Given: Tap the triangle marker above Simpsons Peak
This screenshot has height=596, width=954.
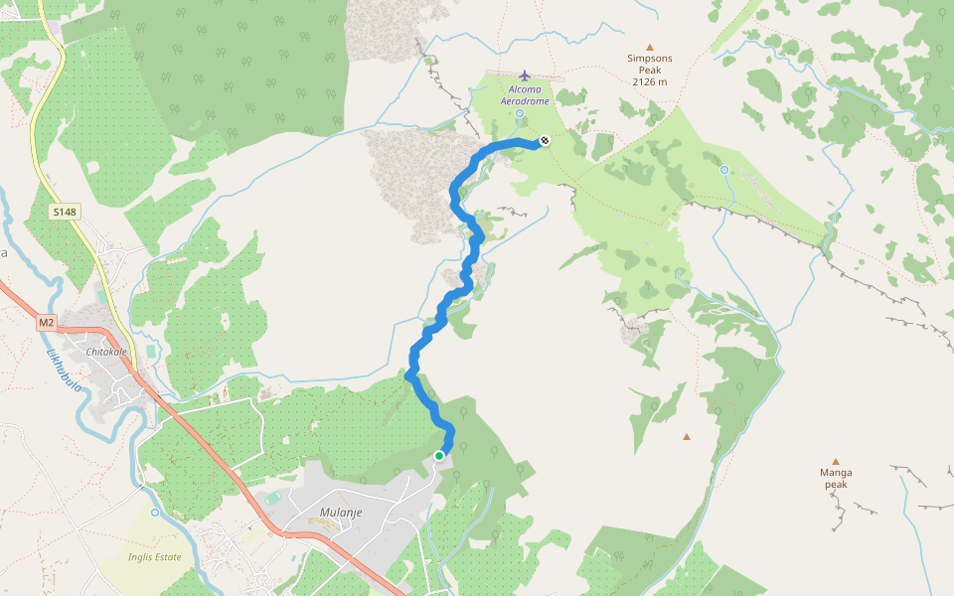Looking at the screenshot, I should (x=650, y=47).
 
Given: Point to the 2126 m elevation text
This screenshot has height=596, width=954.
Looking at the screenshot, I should (x=650, y=82).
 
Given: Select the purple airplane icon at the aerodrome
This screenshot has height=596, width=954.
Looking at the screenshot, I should (x=525, y=75).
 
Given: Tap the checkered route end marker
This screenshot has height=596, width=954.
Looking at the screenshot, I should (x=545, y=141).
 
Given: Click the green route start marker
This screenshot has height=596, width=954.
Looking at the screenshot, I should (x=439, y=456).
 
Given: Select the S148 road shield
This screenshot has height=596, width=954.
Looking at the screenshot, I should (x=65, y=212).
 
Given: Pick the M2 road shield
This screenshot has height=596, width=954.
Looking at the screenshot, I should (x=47, y=323).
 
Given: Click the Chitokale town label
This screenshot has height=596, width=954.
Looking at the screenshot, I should (x=108, y=353).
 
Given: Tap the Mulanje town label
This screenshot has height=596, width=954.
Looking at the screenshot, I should (x=341, y=513).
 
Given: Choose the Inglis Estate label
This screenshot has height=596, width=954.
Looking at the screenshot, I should (x=154, y=557).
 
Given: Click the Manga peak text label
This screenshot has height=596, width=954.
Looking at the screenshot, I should (x=836, y=478).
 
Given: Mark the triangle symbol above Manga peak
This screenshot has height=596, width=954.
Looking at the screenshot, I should (x=836, y=461).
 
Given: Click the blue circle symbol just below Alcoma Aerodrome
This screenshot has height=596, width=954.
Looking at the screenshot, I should (x=520, y=113).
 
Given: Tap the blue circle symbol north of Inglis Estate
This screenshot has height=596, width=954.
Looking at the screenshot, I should (x=154, y=513).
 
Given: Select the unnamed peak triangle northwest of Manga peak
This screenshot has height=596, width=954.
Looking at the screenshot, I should (x=686, y=436).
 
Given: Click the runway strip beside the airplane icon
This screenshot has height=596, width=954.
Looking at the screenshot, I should (x=548, y=77).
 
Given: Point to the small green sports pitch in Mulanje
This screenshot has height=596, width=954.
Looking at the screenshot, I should (x=273, y=498).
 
